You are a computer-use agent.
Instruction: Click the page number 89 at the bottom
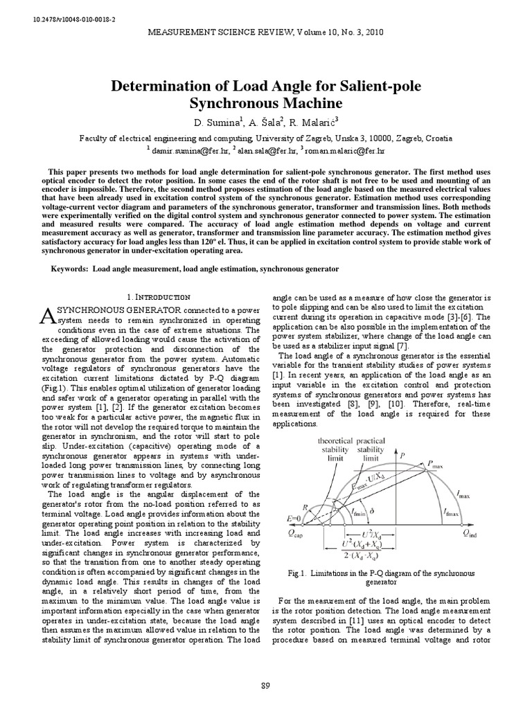265,685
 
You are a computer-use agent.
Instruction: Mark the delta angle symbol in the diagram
380,513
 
